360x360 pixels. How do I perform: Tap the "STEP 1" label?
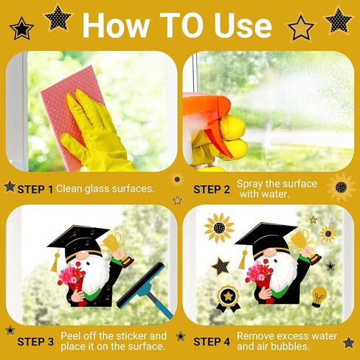pyautogui.click(x=35, y=190)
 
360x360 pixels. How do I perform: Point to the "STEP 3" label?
pyautogui.click(x=35, y=342)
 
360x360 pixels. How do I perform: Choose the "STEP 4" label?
pyautogui.click(x=212, y=342)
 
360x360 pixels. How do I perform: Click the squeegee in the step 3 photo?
pyautogui.click(x=145, y=290)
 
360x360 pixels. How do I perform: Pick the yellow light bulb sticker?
pyautogui.click(x=319, y=297)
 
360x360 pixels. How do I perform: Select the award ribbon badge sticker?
pyautogui.click(x=228, y=298)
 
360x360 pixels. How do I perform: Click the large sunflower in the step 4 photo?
pyautogui.click(x=219, y=228)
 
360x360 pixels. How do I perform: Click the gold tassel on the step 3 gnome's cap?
pyautogui.click(x=55, y=261)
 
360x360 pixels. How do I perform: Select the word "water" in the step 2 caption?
pyautogui.click(x=275, y=194)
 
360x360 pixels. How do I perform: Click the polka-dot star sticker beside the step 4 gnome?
pyautogui.click(x=221, y=266)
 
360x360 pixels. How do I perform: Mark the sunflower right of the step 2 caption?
pyautogui.click(x=341, y=187)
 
